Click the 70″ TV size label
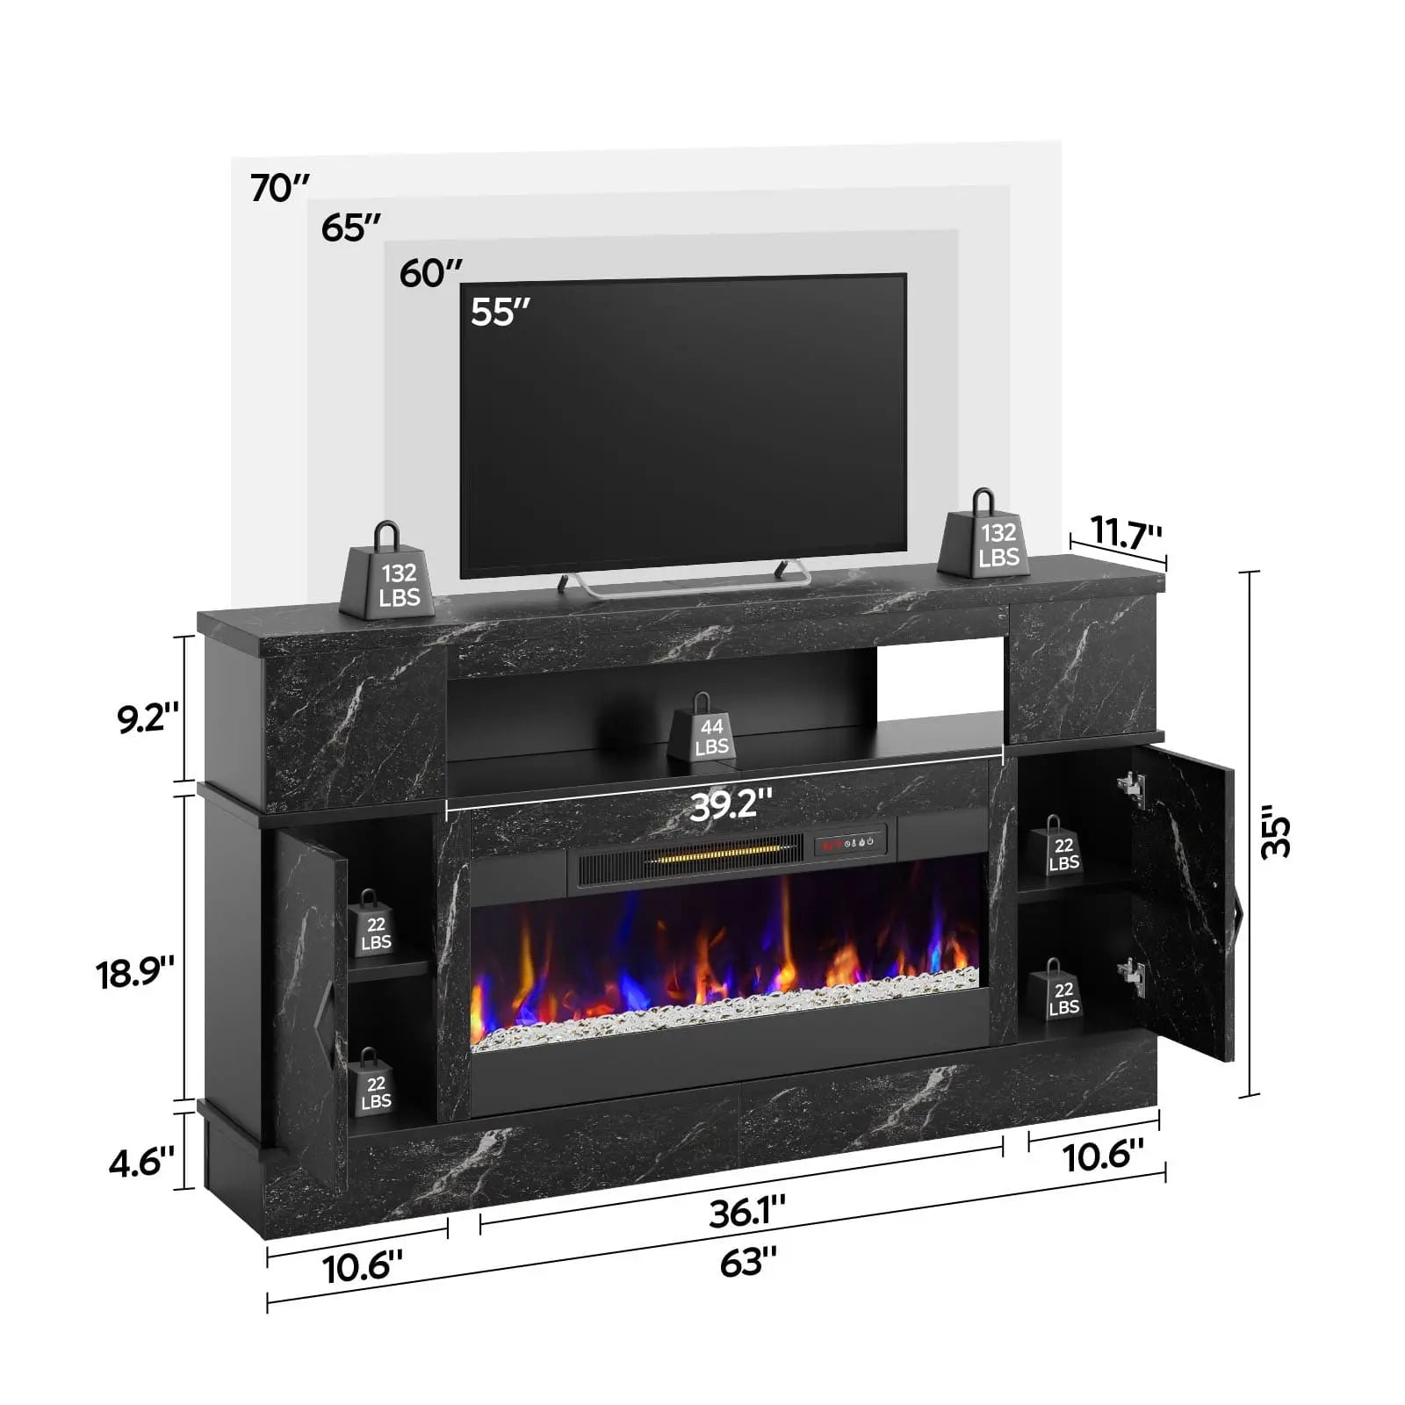[280, 188]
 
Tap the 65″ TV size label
[350, 228]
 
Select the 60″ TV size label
[430, 273]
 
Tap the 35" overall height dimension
[1275, 836]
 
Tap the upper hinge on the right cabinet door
[1132, 787]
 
